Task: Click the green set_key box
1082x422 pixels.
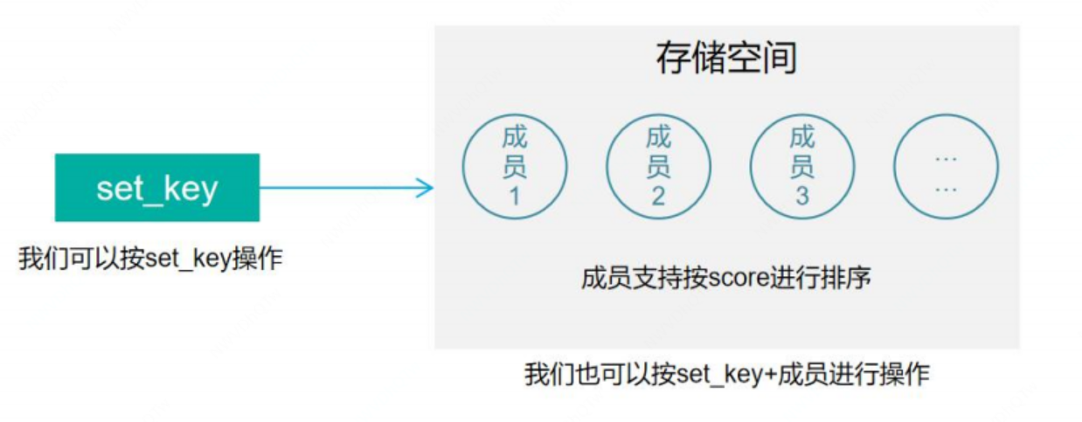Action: click(157, 188)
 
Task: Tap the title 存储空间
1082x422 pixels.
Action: click(726, 59)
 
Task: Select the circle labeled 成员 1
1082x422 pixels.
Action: click(515, 166)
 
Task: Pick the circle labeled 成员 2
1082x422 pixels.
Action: click(658, 166)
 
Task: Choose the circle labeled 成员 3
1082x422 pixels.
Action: click(802, 166)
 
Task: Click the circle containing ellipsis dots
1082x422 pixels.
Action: click(946, 166)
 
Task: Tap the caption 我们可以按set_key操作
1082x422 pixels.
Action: click(150, 259)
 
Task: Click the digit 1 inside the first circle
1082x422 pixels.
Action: click(514, 196)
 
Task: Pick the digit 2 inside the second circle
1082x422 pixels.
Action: click(658, 196)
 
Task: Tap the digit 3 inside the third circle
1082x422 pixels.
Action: click(802, 196)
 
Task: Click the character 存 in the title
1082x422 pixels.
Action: click(673, 59)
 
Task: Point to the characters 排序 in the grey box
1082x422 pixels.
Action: click(854, 279)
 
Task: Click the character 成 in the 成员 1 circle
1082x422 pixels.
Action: click(515, 137)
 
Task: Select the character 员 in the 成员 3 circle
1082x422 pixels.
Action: click(802, 166)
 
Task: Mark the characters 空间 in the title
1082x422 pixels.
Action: click(761, 59)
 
